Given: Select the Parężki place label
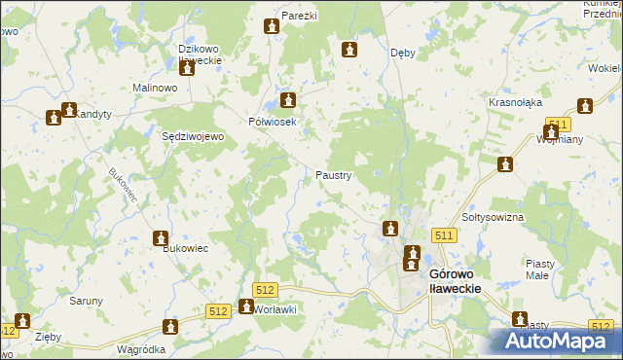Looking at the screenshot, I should tap(300, 17).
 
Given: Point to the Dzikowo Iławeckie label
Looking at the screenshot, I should tap(201, 54).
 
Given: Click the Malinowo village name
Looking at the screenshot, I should tap(154, 88).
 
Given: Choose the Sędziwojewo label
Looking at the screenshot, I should tap(193, 137).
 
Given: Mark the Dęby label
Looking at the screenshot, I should tap(402, 53).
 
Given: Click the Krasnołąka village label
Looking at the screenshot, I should tap(515, 102).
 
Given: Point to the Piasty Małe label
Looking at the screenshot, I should tap(540, 269).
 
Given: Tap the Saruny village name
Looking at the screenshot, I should tap(86, 301).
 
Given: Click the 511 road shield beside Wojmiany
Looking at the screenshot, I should tap(557, 125).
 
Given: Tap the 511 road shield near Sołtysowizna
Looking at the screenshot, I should tap(445, 235).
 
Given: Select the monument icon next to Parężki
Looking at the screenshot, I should tap(271, 26).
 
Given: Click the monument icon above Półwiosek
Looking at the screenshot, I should tap(288, 99).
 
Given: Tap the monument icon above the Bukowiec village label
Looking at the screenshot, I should tap(161, 237).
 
